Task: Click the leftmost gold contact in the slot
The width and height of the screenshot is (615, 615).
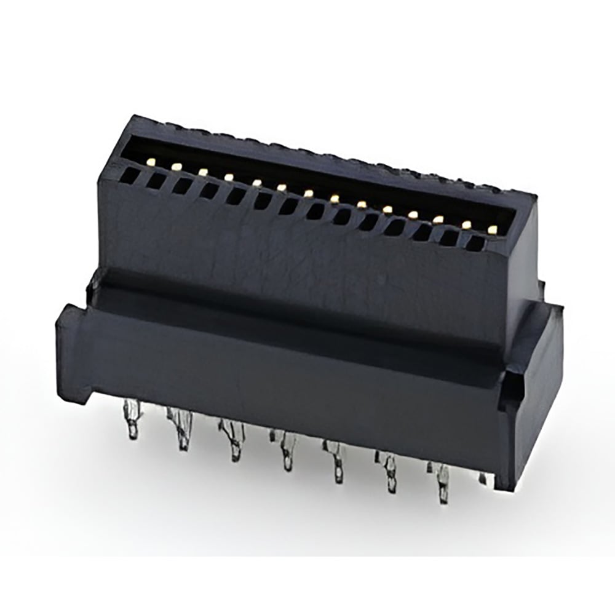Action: pyautogui.click(x=151, y=161)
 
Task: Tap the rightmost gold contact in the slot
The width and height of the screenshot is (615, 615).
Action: pyautogui.click(x=492, y=230)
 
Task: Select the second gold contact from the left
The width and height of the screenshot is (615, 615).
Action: pyautogui.click(x=177, y=166)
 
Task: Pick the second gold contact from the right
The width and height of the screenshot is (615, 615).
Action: pyautogui.click(x=466, y=224)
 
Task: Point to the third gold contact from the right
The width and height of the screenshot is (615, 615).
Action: pyautogui.click(x=438, y=219)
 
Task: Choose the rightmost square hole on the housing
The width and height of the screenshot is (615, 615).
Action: pyautogui.click(x=474, y=244)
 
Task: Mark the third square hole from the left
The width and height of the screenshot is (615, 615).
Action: pyautogui.click(x=182, y=186)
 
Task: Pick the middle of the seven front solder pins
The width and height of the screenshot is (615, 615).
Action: pyautogui.click(x=286, y=452)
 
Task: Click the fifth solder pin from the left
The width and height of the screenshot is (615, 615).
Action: pyautogui.click(x=338, y=464)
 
